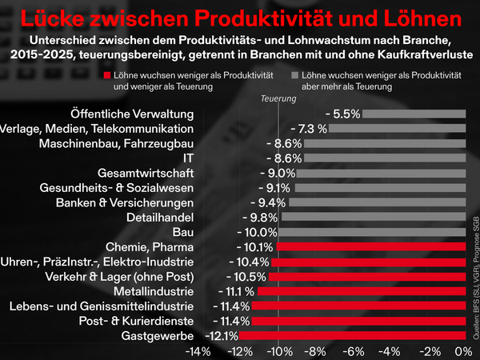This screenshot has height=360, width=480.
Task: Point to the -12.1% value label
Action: (x=221, y=335)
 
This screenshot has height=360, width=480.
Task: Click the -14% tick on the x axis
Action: (x=198, y=351)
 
